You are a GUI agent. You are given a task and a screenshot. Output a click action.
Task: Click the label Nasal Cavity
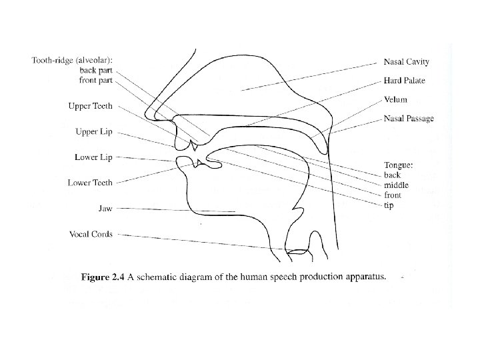406,62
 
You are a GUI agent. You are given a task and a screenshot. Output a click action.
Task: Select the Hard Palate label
404,81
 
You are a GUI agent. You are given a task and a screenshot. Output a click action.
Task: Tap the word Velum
395,100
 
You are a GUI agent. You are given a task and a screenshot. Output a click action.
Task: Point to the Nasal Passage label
408,119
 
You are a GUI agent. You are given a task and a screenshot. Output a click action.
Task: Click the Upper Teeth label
91,106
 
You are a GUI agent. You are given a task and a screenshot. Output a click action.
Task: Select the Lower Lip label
93,157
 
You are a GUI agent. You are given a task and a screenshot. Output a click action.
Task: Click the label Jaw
105,209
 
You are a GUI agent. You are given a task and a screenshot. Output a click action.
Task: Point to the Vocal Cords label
91,234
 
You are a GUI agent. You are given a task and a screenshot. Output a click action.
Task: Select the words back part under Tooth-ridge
96,71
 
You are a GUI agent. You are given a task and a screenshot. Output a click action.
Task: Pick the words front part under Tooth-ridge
96,81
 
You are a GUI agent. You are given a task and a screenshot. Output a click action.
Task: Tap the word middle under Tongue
397,185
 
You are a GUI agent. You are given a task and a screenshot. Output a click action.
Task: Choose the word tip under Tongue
389,205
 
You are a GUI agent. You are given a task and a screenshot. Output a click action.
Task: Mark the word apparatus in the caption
362,279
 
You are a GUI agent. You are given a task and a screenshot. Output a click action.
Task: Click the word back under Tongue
393,175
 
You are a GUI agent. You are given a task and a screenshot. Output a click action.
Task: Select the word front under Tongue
393,195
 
